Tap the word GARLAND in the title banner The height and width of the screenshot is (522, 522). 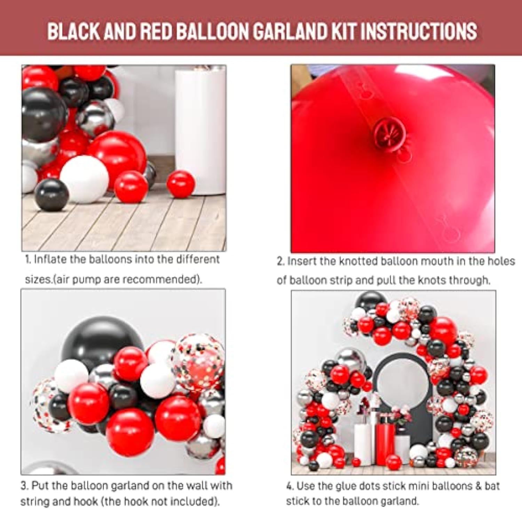click(x=290, y=31)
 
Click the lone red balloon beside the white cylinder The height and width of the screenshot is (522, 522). click(x=181, y=184)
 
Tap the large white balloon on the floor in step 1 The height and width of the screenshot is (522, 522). click(x=85, y=180)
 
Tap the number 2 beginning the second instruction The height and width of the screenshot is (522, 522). click(x=279, y=261)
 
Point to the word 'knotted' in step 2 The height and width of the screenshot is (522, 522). click(x=358, y=261)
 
